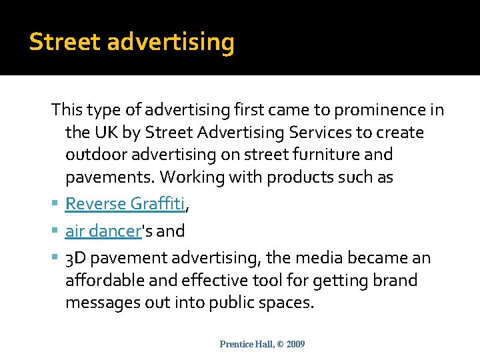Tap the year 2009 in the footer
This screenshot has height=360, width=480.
click(294, 344)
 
